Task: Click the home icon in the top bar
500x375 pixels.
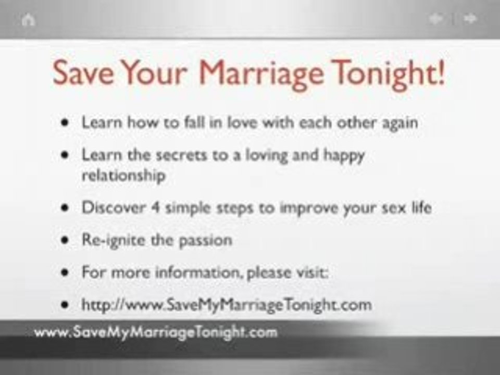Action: pos(28,20)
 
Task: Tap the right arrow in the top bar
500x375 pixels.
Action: pos(470,19)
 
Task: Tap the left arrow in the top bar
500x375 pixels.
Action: pos(436,19)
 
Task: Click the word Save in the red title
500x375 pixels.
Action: pos(83,74)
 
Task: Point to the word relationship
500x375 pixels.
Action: pos(123,175)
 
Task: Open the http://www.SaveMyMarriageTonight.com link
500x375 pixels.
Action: pos(227,305)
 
